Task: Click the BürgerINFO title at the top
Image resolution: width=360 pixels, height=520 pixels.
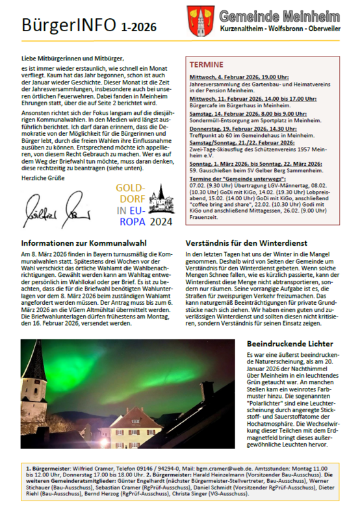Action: pyautogui.click(x=68, y=25)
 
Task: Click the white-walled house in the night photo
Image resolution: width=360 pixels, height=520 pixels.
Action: pyautogui.click(x=140, y=436)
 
